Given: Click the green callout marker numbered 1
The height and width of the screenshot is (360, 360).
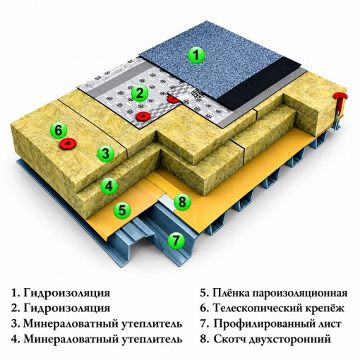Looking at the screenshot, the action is (x=196, y=55).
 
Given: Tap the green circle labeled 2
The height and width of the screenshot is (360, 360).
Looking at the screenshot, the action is (x=140, y=93).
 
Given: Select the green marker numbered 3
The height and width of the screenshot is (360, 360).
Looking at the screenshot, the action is (x=106, y=153).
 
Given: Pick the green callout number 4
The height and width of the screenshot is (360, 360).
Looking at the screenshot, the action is (x=109, y=186).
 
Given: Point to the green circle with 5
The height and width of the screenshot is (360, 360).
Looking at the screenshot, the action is (x=122, y=210).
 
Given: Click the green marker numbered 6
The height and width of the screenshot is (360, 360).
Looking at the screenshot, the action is (x=59, y=130).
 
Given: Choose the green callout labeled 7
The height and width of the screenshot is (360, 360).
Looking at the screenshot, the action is (x=176, y=240).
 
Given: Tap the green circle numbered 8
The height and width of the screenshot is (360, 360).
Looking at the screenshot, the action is (x=182, y=202).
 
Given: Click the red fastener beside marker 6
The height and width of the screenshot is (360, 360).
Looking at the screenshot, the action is (x=68, y=143).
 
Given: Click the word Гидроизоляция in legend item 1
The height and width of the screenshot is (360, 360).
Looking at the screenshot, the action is (x=67, y=294).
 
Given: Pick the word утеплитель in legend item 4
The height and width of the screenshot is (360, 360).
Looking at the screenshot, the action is (x=152, y=340).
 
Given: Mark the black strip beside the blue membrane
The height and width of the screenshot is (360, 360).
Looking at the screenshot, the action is (x=263, y=84).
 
